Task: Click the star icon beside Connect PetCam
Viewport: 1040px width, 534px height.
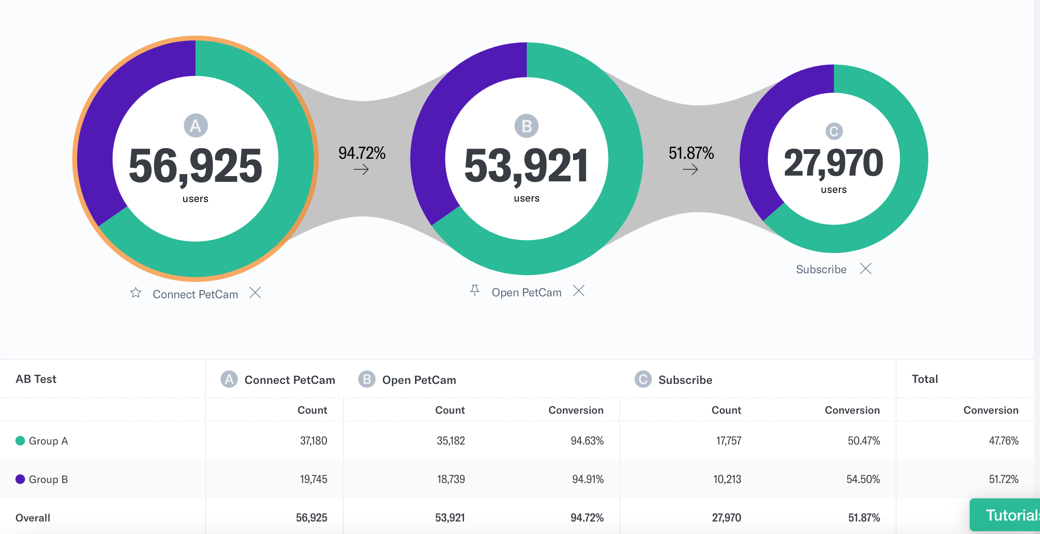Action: tap(136, 292)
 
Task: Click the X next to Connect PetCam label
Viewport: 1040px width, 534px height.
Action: tap(255, 292)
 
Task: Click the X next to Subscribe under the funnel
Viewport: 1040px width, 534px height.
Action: tap(866, 268)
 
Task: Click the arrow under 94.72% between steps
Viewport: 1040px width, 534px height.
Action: tap(361, 169)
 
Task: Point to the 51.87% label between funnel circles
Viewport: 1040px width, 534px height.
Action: tap(691, 153)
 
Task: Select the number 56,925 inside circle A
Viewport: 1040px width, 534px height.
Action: tap(195, 166)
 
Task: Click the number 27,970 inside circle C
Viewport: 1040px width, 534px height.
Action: tap(833, 163)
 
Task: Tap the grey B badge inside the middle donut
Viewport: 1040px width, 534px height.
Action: tap(526, 126)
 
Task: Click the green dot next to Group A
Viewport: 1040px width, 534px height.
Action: tap(20, 441)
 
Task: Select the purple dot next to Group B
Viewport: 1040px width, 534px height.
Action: tap(20, 479)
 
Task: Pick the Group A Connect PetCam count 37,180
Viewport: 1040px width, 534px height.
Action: tap(313, 441)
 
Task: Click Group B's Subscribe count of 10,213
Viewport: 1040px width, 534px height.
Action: tap(727, 479)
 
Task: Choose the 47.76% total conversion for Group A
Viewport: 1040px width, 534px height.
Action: tap(1003, 441)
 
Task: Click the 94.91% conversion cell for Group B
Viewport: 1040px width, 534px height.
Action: tap(587, 479)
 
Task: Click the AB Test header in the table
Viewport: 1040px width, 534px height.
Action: tap(36, 379)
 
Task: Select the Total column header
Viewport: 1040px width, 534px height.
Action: tap(924, 379)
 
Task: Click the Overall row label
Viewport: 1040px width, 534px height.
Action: tap(33, 518)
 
